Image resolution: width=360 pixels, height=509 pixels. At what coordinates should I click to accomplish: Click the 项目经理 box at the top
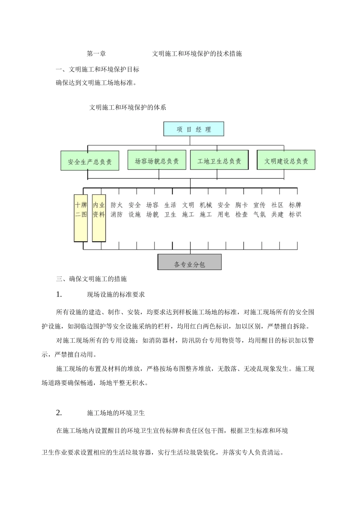tap(194, 129)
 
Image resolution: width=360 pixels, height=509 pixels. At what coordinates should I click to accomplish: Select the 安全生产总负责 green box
tap(90, 161)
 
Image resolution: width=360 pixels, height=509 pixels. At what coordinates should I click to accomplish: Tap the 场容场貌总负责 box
tap(157, 160)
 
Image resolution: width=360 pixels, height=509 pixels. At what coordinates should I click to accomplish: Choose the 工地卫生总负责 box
tap(219, 160)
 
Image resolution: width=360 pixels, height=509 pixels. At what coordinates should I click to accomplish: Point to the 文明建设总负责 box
tap(286, 160)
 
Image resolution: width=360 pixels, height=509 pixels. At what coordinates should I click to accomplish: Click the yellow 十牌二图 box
tap(81, 218)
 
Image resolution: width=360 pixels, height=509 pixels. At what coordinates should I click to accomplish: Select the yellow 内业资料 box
tap(99, 218)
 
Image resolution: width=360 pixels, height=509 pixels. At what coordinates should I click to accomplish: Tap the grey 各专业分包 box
tap(189, 262)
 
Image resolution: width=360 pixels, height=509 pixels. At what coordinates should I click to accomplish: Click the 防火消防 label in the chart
tap(117, 209)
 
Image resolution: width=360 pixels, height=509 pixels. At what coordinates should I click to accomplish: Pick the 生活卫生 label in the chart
tap(170, 209)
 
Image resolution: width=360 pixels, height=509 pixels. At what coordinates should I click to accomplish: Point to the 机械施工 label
tap(206, 209)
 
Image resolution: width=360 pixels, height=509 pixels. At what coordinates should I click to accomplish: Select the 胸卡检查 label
tap(241, 209)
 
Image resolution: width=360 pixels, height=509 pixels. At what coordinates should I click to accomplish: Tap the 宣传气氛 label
tap(260, 209)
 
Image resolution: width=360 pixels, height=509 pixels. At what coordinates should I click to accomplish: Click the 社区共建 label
tap(277, 209)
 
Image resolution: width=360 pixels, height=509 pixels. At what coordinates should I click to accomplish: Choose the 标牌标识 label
tap(295, 209)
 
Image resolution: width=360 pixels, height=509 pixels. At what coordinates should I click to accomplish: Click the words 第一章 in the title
tap(96, 54)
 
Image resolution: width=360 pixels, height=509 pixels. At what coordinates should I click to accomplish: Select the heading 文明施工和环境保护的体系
tap(128, 107)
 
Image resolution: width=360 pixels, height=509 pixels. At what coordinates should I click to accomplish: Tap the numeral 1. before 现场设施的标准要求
tap(59, 294)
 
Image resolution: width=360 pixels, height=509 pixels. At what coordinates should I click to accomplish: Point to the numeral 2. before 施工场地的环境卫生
tap(59, 413)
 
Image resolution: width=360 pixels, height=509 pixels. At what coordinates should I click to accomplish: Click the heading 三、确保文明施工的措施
tap(91, 279)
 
